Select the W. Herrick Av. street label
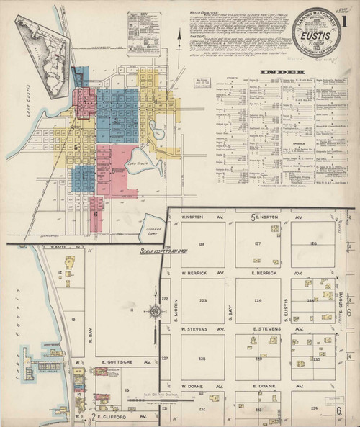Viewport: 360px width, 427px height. [x=195, y=274]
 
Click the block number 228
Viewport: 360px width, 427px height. [x=203, y=358]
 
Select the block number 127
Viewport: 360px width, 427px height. [x=258, y=244]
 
